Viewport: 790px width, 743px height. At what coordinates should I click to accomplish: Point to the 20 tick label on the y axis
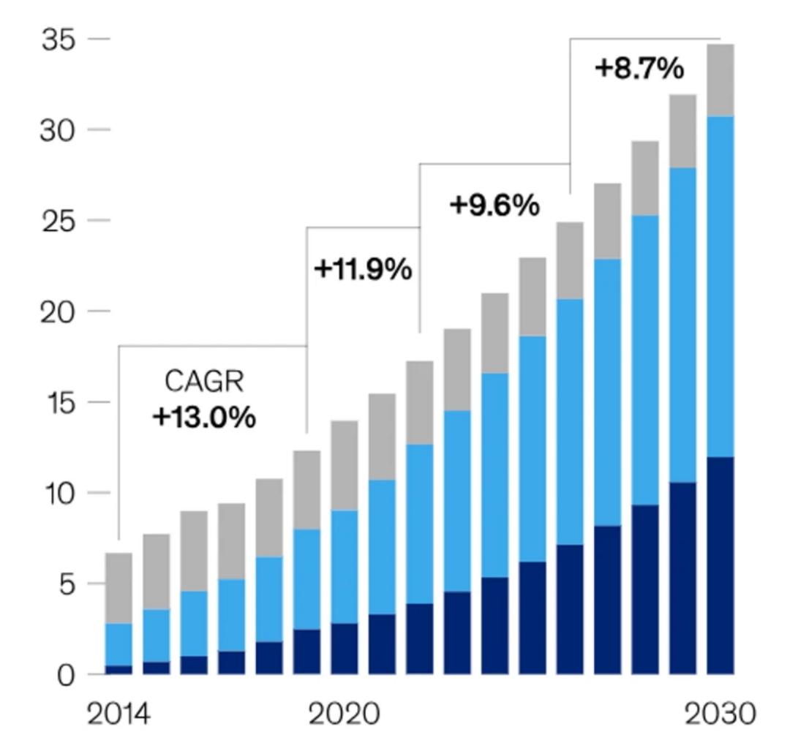coord(58,312)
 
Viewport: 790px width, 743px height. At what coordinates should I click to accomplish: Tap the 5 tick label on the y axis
coord(67,584)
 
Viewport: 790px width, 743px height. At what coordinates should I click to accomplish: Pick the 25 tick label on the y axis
coord(58,221)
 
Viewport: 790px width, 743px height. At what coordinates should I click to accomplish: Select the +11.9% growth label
coord(363,270)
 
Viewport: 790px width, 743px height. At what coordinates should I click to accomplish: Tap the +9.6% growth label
coord(494,206)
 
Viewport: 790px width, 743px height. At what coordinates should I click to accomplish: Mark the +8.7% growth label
coord(640,69)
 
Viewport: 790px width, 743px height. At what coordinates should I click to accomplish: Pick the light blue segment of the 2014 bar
coord(118,644)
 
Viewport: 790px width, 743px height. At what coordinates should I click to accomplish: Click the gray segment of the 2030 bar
coord(721,80)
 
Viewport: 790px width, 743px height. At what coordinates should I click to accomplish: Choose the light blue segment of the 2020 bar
coord(344,567)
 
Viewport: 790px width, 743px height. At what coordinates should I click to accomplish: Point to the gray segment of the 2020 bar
coord(344,465)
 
